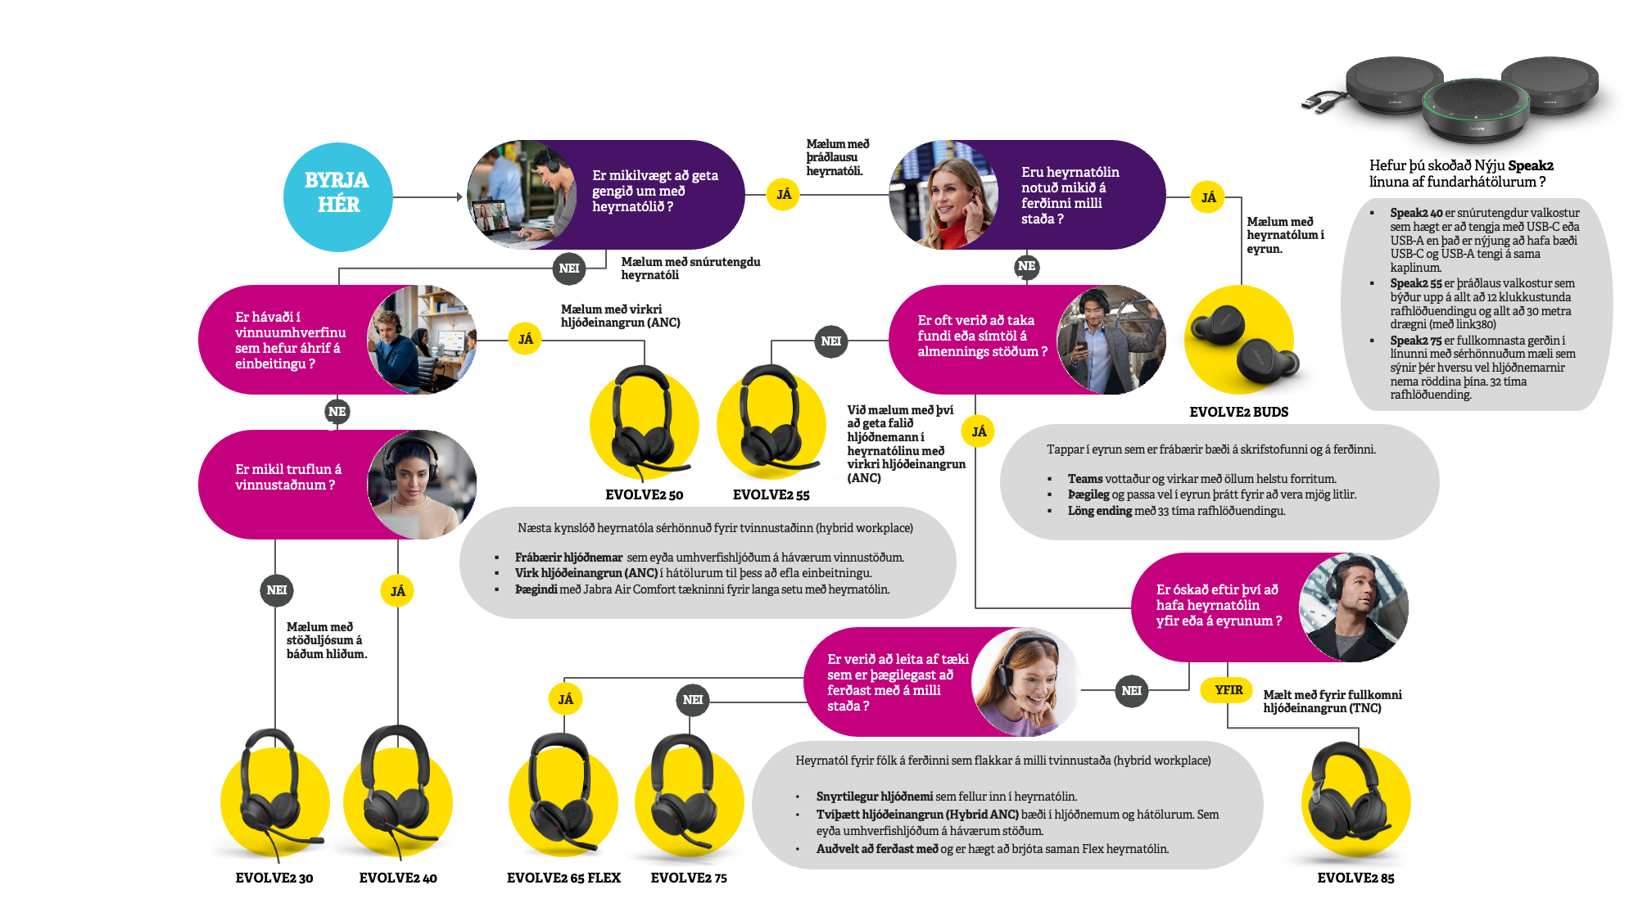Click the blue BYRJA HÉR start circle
tap(337, 196)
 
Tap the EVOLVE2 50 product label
tap(644, 494)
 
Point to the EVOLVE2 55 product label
tap(771, 494)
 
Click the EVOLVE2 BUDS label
tap(1238, 412)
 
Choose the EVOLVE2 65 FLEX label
tap(563, 878)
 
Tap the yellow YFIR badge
tap(1228, 689)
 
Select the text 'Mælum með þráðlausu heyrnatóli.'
tap(837, 157)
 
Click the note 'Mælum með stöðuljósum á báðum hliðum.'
tap(326, 640)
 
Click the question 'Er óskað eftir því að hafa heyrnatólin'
tap(1218, 606)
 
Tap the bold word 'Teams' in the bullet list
tap(1085, 479)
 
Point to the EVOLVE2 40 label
tap(398, 878)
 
